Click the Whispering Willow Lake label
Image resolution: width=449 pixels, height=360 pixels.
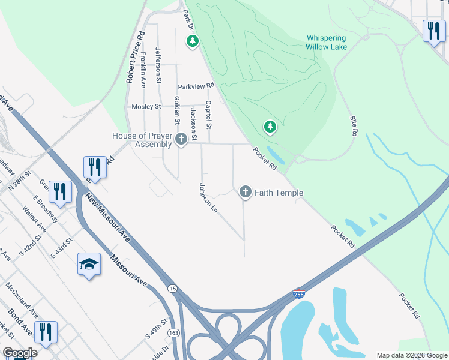pyautogui.click(x=326, y=42)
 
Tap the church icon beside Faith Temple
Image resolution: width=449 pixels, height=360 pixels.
pyautogui.click(x=245, y=192)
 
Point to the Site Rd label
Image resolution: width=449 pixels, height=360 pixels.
pyautogui.click(x=354, y=125)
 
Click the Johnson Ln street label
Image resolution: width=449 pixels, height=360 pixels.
pyautogui.click(x=207, y=198)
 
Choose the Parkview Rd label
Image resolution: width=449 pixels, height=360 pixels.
pyautogui.click(x=196, y=86)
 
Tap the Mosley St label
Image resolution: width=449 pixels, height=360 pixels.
pyautogui.click(x=147, y=107)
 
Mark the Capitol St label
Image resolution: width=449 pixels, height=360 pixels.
pyautogui.click(x=209, y=115)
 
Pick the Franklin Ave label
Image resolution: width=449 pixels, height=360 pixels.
pyautogui.click(x=143, y=71)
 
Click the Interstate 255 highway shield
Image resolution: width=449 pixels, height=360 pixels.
pyautogui.click(x=298, y=294)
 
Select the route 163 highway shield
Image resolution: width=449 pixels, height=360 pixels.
pyautogui.click(x=173, y=332)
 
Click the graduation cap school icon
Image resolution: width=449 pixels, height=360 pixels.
pyautogui.click(x=89, y=265)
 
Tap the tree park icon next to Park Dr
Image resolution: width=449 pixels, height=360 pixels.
pyautogui.click(x=193, y=41)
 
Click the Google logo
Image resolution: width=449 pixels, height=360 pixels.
pyautogui.click(x=20, y=353)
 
